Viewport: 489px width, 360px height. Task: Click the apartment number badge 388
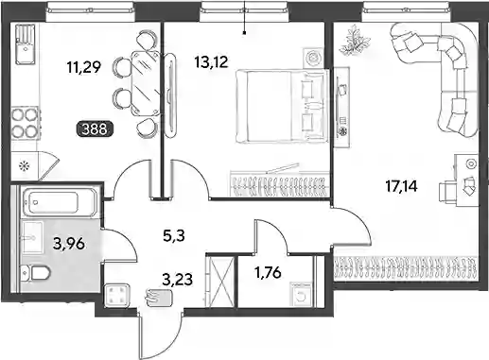tap(95, 129)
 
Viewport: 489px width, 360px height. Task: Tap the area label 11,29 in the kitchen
tap(84, 67)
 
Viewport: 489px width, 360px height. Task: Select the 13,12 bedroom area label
tap(211, 62)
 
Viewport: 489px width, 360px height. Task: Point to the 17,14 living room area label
tap(401, 186)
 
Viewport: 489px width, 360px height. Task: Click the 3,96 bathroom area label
tap(69, 244)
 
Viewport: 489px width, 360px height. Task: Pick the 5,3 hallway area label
tap(174, 235)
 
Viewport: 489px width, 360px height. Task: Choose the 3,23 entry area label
tap(177, 279)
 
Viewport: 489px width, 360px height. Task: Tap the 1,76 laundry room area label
tap(268, 272)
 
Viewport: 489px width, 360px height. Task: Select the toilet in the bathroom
tap(35, 273)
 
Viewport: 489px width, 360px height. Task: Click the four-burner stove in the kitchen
tap(25, 123)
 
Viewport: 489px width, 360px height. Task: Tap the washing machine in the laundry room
tap(302, 295)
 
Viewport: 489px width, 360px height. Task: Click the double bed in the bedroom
tap(282, 106)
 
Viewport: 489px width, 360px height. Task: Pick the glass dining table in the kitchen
tap(146, 83)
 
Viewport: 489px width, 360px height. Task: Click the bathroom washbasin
tap(32, 237)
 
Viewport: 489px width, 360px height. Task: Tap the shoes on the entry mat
tap(159, 298)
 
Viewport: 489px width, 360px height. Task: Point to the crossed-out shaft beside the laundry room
tap(220, 282)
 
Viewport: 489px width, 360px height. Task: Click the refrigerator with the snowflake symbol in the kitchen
tap(26, 165)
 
